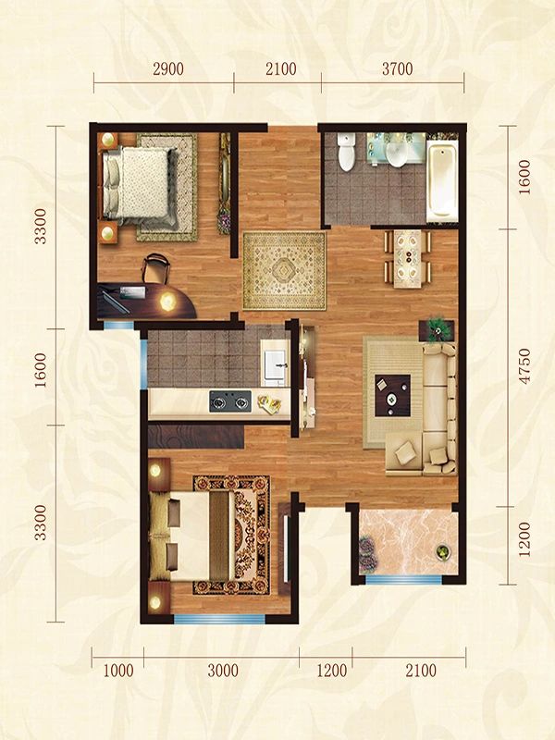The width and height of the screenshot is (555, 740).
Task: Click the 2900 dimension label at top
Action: click(x=168, y=69)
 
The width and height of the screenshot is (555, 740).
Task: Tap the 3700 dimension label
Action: click(x=398, y=69)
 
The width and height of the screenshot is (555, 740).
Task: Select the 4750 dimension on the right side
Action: click(x=524, y=366)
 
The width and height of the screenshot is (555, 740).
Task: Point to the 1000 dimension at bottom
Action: click(x=118, y=671)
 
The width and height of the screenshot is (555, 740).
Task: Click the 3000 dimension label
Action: click(x=223, y=671)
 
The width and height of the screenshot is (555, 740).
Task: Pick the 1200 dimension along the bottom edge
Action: click(x=332, y=671)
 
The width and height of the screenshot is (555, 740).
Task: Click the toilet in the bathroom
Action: click(x=346, y=151)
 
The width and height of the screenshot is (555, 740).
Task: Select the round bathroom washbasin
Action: click(x=397, y=154)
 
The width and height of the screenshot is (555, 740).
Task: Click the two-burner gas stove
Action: click(x=229, y=401)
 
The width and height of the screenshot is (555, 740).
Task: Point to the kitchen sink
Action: click(x=275, y=364)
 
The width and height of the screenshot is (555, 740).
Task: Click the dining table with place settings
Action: click(x=407, y=258)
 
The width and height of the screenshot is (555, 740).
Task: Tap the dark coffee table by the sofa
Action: click(x=392, y=396)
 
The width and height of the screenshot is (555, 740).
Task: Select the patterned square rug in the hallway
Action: click(x=284, y=271)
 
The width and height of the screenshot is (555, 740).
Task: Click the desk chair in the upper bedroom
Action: click(x=155, y=268)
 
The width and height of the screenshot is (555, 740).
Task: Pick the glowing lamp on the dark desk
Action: click(x=167, y=302)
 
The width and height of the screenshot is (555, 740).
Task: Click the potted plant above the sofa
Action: click(x=437, y=329)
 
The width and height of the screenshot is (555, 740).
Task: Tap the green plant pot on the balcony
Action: click(x=443, y=552)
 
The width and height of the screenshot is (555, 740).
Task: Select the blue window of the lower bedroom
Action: click(x=219, y=619)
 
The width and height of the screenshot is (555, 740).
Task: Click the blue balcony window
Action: click(x=403, y=580)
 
